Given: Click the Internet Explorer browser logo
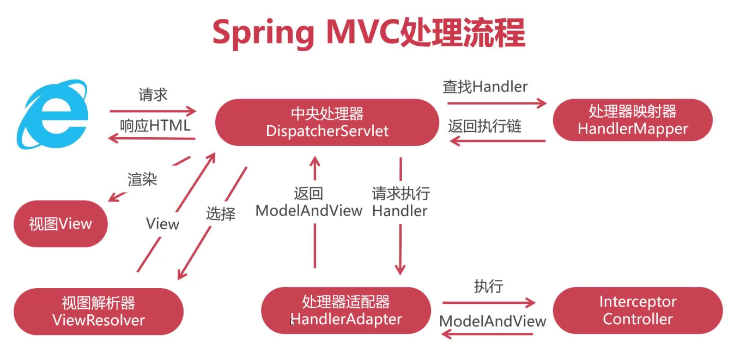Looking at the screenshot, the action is point(53,114).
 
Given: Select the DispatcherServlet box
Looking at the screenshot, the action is point(327,122).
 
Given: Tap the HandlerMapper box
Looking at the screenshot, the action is point(633,120).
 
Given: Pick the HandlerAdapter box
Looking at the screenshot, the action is point(346,310).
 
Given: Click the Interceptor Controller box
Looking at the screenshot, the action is point(638,310).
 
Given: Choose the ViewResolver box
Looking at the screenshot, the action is point(99,312).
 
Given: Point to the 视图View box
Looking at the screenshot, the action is point(60,224).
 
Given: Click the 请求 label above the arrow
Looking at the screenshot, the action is point(153,95).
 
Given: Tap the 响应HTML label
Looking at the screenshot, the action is point(155,126).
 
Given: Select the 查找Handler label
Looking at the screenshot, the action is point(485,87).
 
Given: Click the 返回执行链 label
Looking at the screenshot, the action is point(484,126).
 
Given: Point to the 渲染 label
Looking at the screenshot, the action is point(142,180).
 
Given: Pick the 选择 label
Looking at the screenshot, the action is point(221,213).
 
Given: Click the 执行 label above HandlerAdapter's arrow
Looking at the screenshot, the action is point(489,286).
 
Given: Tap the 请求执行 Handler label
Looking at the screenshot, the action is point(401,202).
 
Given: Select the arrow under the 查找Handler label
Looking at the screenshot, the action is point(497,103).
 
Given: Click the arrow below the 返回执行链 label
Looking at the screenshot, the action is point(498,141).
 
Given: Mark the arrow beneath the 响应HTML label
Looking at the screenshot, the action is point(151,138).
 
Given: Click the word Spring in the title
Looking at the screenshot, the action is point(263,34).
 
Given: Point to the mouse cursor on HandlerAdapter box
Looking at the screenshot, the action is point(293,322).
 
